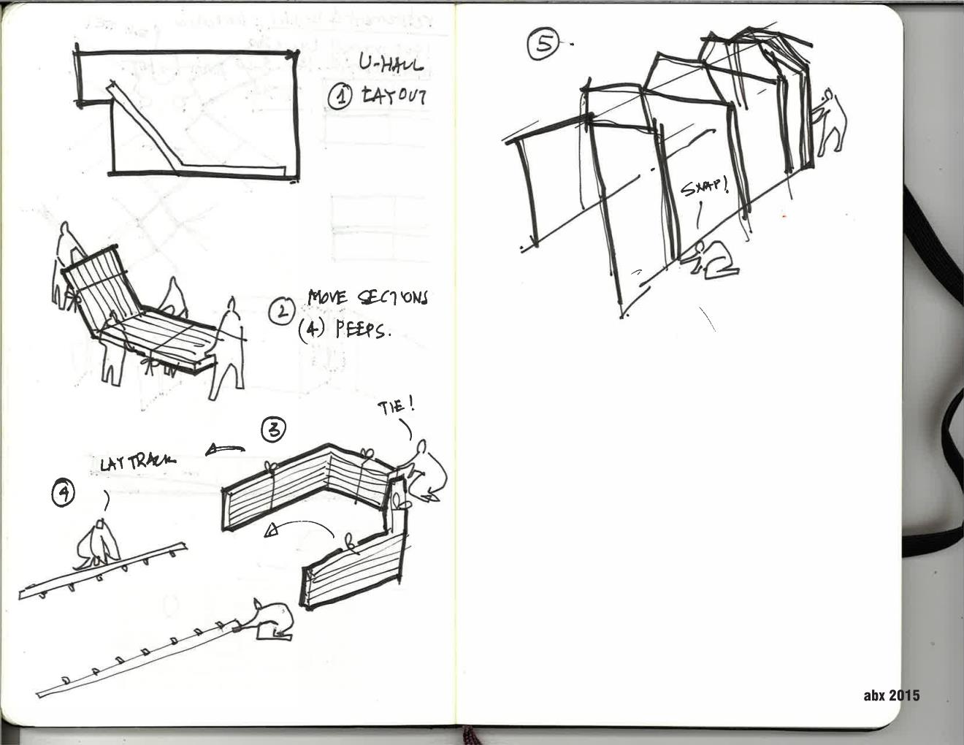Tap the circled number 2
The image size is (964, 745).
click(x=280, y=312)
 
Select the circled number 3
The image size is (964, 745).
click(x=274, y=429)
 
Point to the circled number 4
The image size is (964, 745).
click(x=64, y=494)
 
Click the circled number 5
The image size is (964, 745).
click(x=543, y=43)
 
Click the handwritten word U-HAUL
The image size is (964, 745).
click(x=390, y=65)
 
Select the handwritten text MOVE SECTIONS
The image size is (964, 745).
click(x=368, y=297)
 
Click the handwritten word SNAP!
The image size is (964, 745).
click(x=705, y=187)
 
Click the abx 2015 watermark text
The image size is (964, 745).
click(x=891, y=695)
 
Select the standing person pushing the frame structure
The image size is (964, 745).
click(x=832, y=123)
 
